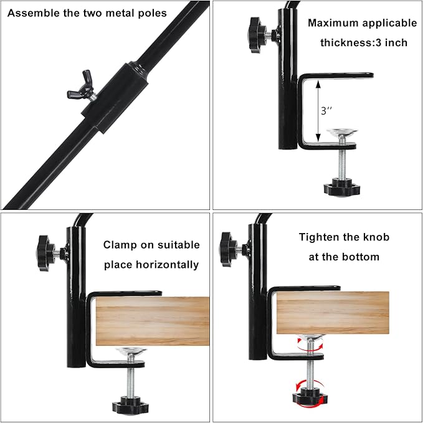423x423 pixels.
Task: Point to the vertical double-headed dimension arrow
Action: click(x=317, y=110)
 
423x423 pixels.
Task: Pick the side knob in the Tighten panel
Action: click(x=228, y=246)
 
